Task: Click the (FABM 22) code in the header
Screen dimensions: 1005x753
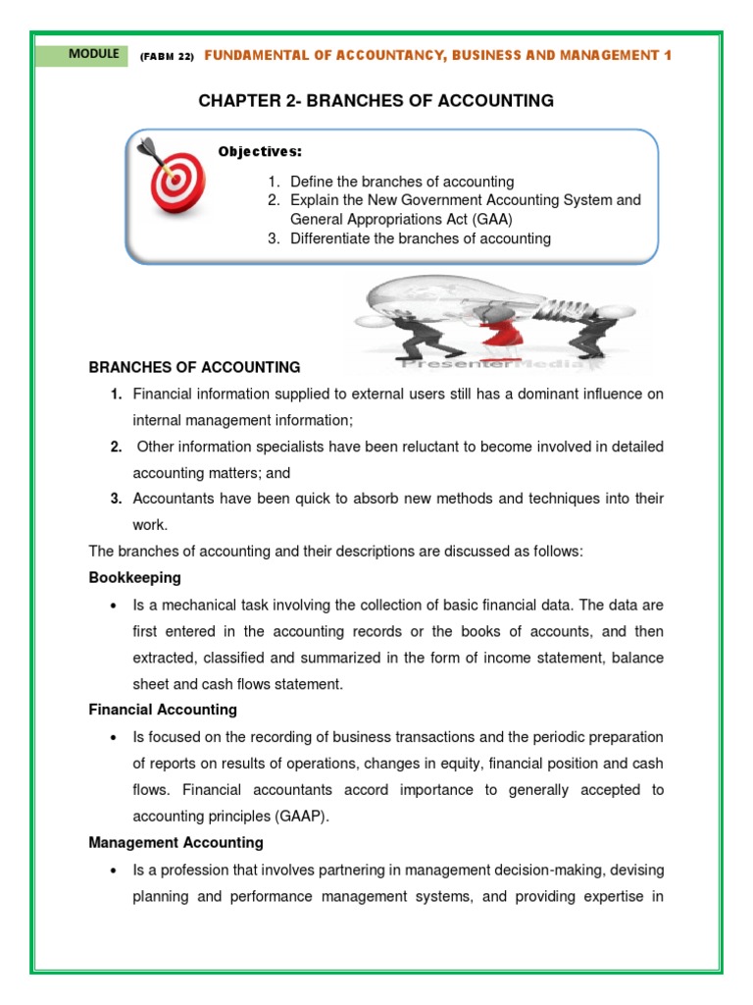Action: [x=167, y=57]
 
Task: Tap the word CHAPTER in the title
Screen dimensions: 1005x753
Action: [x=233, y=100]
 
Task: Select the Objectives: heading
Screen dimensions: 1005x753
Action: [x=260, y=152]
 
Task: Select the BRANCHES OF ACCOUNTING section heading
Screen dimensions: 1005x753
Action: [x=194, y=367]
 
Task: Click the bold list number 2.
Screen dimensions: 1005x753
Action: [x=116, y=447]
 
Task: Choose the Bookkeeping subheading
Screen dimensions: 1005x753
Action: [x=134, y=578]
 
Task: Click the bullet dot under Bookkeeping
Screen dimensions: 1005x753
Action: [x=115, y=605]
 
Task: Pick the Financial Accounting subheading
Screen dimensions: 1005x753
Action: [x=163, y=710]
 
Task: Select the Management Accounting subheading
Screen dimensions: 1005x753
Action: [x=176, y=842]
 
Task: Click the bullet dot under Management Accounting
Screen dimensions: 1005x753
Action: [x=115, y=870]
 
